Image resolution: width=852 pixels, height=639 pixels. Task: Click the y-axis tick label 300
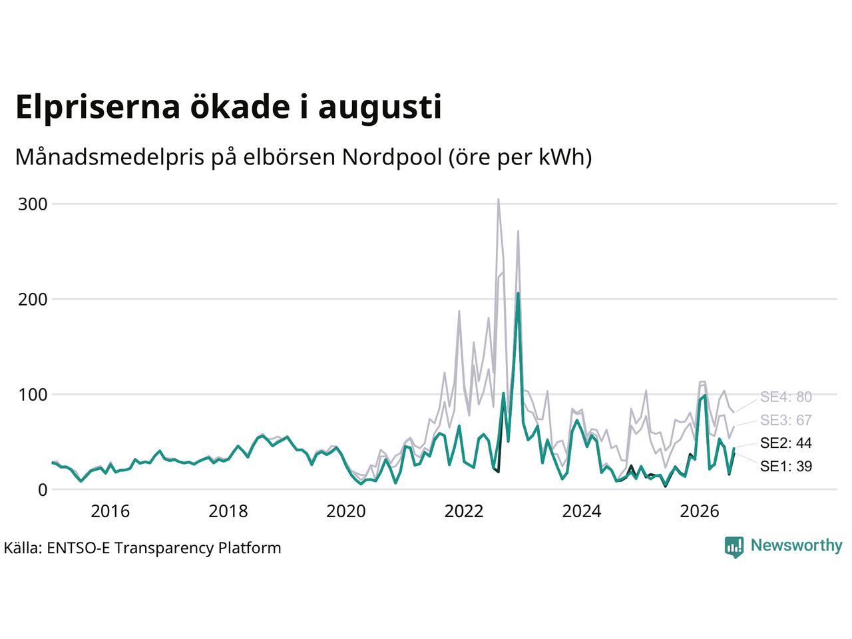(x=33, y=204)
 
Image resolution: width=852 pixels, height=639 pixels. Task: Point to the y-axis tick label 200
(x=33, y=300)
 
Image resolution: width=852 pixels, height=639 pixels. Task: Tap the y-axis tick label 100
(x=33, y=395)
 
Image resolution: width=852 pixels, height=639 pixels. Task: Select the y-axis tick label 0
(x=43, y=490)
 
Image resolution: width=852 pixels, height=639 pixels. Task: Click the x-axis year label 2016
(x=110, y=511)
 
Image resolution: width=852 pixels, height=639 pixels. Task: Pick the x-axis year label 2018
(x=228, y=511)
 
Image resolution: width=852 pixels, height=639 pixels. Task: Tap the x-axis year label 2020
(x=346, y=511)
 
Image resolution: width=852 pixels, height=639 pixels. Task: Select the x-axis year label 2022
(x=464, y=511)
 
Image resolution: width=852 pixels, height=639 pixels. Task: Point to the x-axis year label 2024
(x=582, y=511)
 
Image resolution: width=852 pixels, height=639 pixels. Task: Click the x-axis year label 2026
(x=700, y=511)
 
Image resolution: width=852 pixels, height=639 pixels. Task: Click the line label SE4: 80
(x=786, y=397)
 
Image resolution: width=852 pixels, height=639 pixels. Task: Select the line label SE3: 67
(x=786, y=420)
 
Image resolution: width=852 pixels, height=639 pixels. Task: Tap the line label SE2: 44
(x=786, y=443)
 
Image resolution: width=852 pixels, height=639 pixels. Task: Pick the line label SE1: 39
(x=786, y=466)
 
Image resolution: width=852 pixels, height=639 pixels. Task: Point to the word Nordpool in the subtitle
(x=392, y=158)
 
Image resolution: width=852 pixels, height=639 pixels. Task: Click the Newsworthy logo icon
(x=734, y=547)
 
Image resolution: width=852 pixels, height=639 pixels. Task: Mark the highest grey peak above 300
(x=499, y=200)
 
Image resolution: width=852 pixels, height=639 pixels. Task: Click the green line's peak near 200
(x=518, y=294)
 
